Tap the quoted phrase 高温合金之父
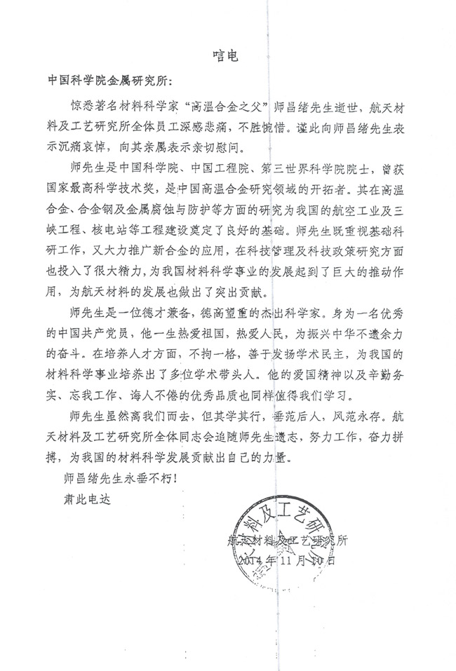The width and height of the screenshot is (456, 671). click(208, 106)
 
